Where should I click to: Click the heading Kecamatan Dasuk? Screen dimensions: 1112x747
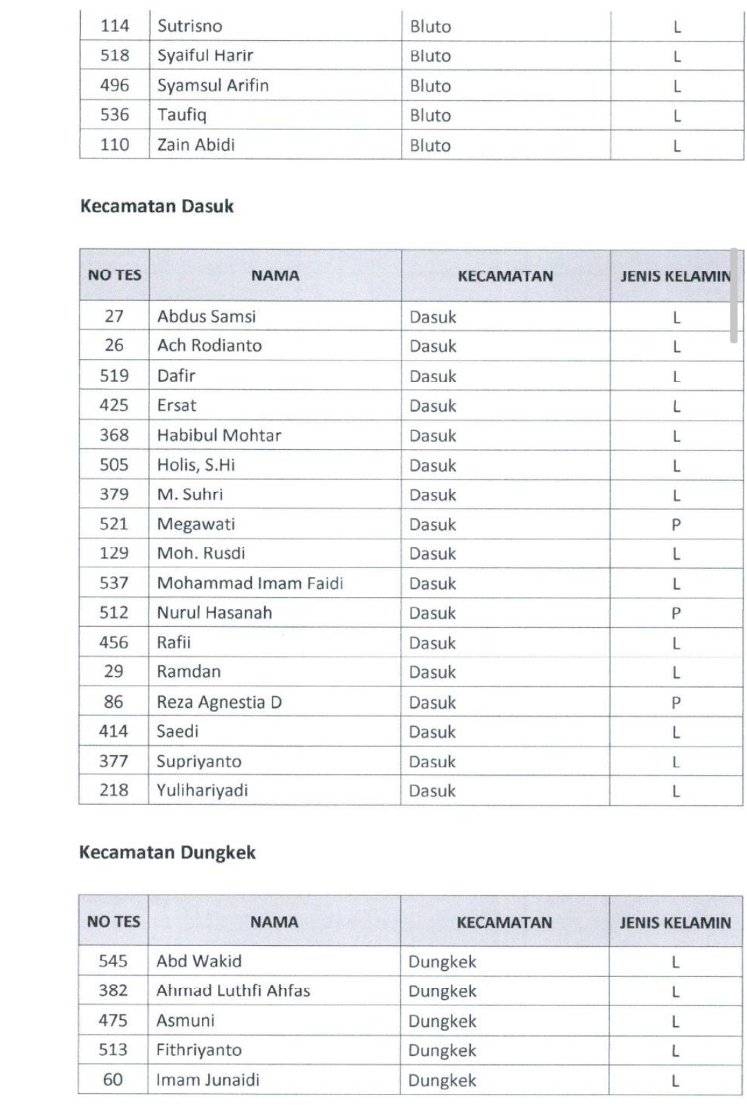157,206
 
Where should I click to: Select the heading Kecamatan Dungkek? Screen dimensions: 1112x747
167,852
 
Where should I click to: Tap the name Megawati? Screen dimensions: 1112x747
196,524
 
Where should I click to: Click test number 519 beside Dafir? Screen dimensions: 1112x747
114,376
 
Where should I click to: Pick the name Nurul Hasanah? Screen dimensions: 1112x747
214,612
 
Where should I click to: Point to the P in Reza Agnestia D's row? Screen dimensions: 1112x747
676,702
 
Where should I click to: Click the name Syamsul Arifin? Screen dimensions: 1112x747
213,85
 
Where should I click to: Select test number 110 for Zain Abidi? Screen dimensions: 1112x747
114,145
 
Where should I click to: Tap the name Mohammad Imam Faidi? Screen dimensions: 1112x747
250,583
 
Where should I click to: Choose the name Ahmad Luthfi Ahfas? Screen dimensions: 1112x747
233,991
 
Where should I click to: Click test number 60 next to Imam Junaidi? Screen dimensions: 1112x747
113,1079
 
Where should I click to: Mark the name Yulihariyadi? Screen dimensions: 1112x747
202,790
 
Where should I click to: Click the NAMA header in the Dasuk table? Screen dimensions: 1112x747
275,275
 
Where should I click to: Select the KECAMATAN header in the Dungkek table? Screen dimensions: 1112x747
504,922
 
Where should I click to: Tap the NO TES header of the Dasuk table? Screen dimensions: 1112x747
114,275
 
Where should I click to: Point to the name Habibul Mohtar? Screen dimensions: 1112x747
219,435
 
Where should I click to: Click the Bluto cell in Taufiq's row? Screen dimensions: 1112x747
430,116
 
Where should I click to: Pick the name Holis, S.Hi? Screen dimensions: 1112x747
196,465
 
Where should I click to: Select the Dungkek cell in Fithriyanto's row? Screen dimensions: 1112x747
442,1050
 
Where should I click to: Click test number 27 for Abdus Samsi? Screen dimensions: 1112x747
114,316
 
